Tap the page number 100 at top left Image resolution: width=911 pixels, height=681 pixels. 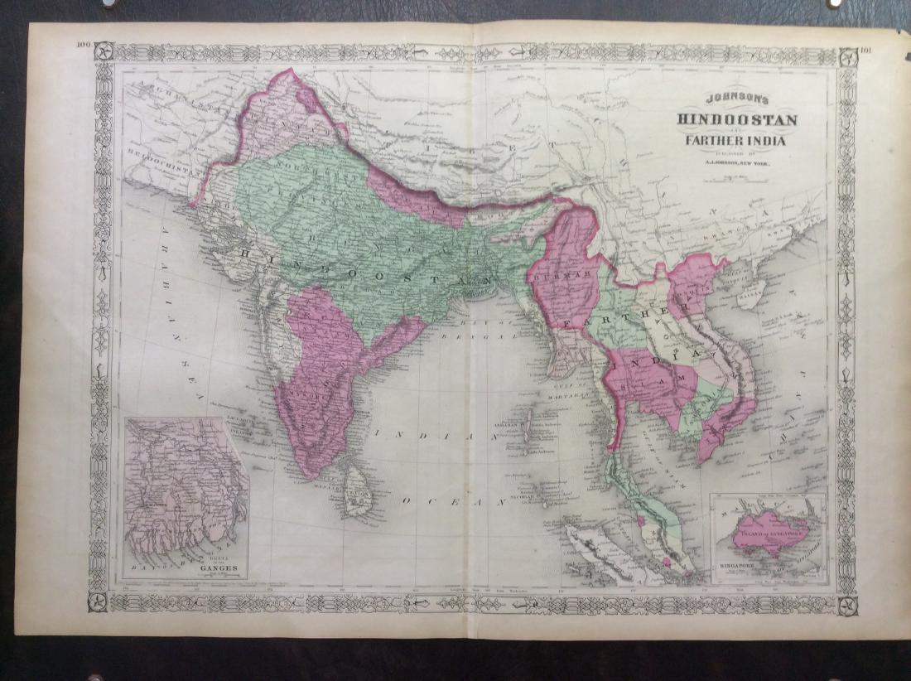[82, 46]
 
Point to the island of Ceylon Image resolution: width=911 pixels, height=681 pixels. [359, 491]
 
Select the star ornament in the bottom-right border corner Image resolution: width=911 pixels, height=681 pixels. [846, 603]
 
